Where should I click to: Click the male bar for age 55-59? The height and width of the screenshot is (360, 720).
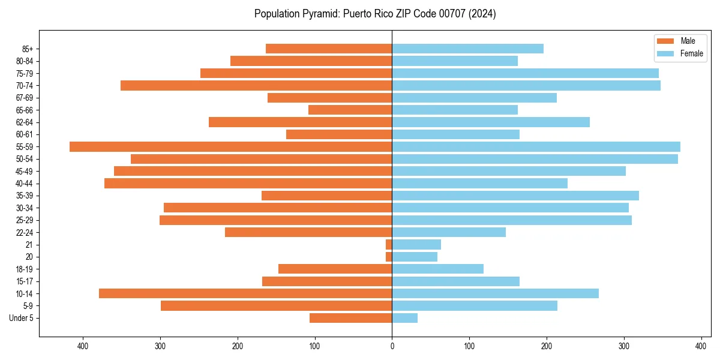tap(231, 146)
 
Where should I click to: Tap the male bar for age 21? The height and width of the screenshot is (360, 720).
tap(389, 244)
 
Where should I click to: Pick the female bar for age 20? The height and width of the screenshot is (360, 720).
tap(415, 257)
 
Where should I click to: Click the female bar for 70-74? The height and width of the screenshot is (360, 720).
tap(526, 85)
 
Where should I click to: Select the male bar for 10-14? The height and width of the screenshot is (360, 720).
tap(245, 293)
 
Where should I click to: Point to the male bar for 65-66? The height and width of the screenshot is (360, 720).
tap(350, 110)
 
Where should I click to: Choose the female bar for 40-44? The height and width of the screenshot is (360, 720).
tap(480, 183)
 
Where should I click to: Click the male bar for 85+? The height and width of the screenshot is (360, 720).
tap(329, 49)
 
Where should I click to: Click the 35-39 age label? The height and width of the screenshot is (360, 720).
tap(25, 196)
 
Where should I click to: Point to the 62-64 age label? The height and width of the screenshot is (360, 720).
tap(25, 122)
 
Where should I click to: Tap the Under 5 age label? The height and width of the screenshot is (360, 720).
tap(21, 318)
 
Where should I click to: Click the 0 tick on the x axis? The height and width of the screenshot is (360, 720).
tap(392, 346)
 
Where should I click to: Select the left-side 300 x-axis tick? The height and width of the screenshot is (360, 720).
tap(160, 346)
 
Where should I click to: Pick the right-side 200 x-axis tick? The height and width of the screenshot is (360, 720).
tap(547, 346)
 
